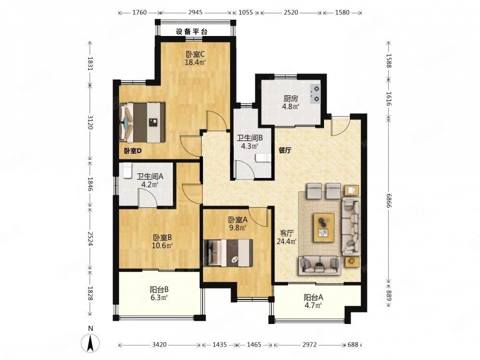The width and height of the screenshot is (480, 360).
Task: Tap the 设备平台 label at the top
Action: [192, 32]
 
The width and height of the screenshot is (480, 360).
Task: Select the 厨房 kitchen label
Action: [290, 99]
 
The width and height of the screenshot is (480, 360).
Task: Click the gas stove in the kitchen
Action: [316, 94]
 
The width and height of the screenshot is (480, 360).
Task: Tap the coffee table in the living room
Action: [323, 228]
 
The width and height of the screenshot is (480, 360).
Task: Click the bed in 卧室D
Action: [143, 122]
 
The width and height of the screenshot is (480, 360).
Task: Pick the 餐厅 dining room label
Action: [285, 151]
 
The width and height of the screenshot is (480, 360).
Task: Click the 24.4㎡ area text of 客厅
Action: [287, 241]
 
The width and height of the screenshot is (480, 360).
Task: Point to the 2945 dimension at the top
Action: [195, 12]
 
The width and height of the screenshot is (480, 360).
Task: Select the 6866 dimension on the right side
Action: [388, 201]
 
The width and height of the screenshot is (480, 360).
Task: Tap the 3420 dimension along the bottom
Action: [159, 345]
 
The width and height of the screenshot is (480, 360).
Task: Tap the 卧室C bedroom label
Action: [195, 55]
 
